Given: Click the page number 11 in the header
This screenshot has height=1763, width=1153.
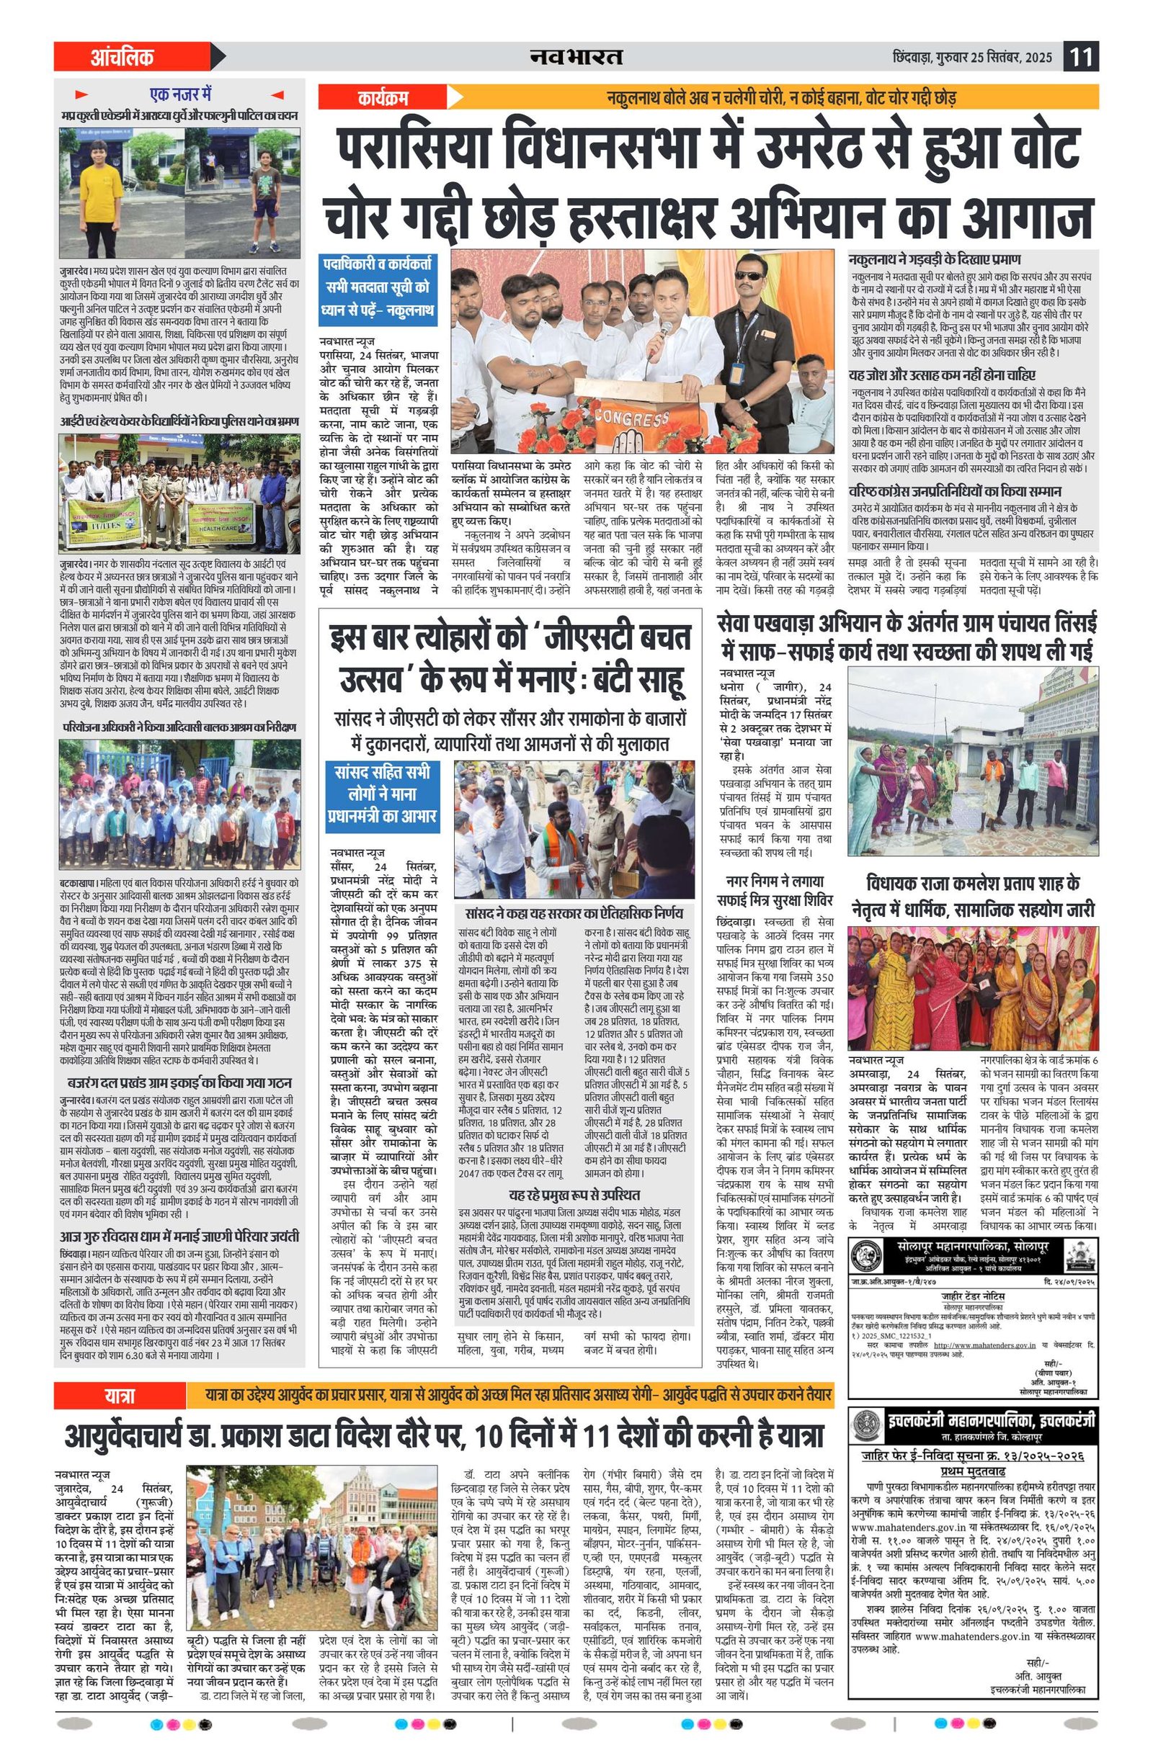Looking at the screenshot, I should [1081, 57].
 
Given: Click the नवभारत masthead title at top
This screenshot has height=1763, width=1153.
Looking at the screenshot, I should [576, 57].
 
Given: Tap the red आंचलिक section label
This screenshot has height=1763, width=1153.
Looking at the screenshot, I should [123, 57].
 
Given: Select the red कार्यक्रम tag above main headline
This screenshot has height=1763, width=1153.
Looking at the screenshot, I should [383, 97].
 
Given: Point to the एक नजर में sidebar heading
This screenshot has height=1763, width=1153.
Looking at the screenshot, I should [181, 95].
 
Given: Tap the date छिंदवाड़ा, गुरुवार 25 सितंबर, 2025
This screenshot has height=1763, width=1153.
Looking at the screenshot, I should [972, 58].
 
